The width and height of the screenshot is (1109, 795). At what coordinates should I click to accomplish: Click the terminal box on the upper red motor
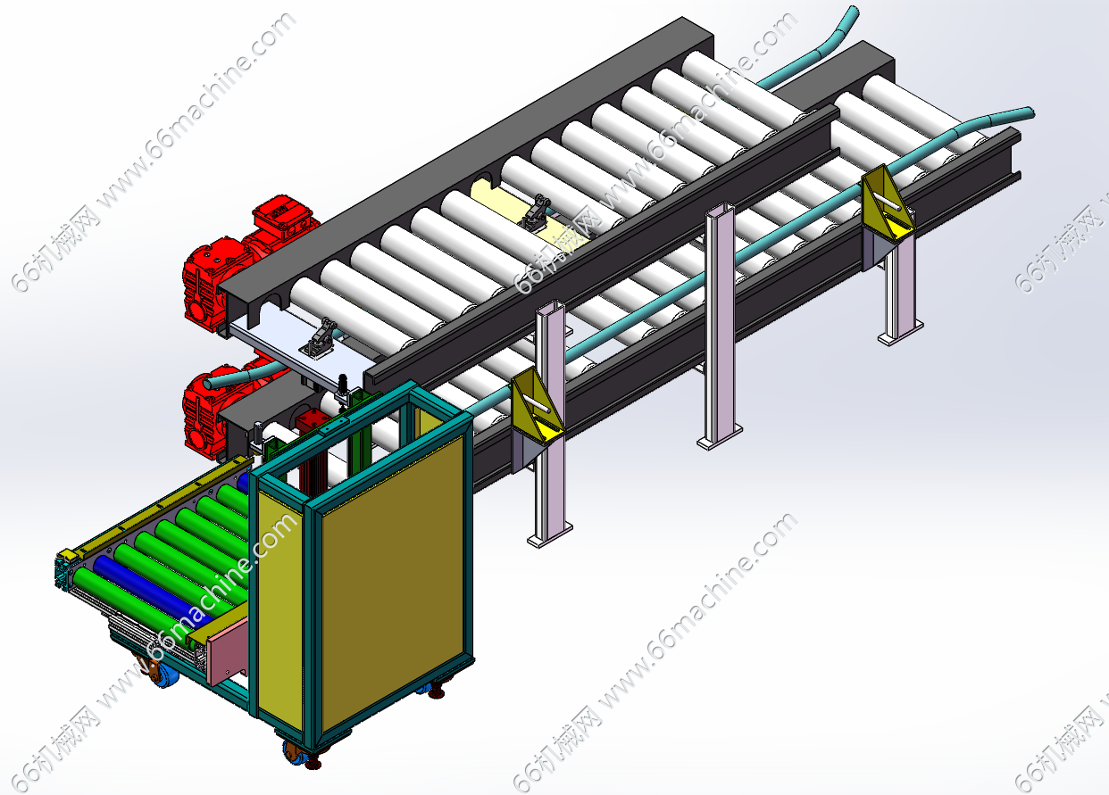tap(285, 215)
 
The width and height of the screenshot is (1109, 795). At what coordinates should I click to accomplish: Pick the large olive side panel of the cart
tap(394, 584)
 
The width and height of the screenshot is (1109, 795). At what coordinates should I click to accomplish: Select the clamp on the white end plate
tap(320, 339)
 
